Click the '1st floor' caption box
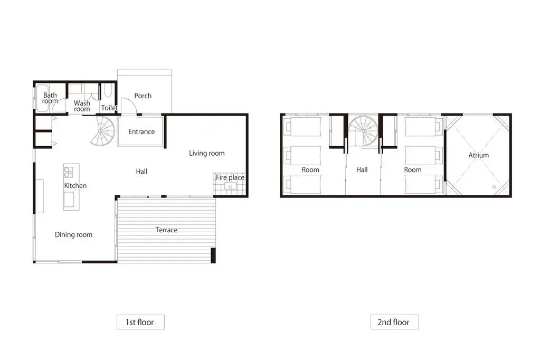[140, 321]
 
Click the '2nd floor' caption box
[394, 321]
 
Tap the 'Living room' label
[207, 154]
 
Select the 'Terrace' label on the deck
[166, 230]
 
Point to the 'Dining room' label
[73, 235]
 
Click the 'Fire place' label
[230, 178]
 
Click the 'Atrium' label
[478, 155]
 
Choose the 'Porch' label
[143, 96]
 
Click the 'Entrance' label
[141, 132]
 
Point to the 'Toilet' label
[109, 108]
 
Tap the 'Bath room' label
[50, 98]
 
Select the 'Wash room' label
[82, 106]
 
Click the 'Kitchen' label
[75, 186]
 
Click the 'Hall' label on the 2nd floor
[362, 170]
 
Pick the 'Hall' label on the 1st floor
[141, 172]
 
